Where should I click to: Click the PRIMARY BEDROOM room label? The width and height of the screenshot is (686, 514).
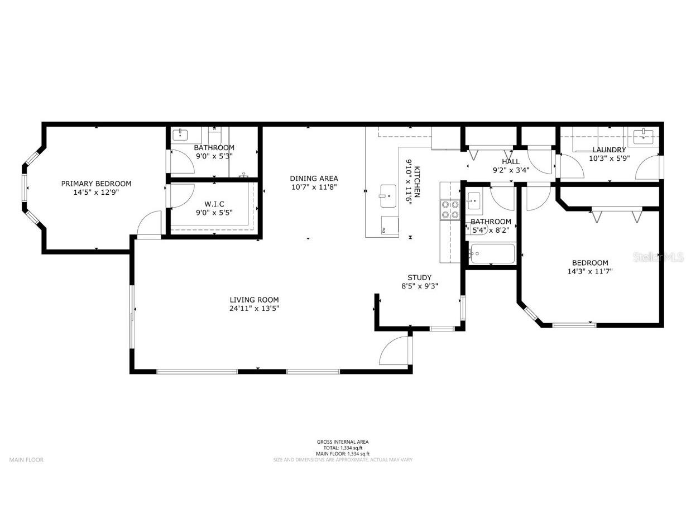click(x=96, y=184)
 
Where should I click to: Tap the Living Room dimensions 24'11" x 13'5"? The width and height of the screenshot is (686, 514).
click(x=254, y=308)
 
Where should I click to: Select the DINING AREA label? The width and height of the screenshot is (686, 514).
click(x=313, y=179)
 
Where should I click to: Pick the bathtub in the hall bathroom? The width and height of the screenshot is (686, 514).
click(x=492, y=254)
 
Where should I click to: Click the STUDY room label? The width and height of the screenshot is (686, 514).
click(x=419, y=277)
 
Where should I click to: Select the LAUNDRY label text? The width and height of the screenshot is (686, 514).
click(x=609, y=150)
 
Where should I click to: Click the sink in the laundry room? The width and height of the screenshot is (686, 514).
click(x=645, y=134)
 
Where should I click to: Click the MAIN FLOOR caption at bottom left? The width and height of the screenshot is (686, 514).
click(x=26, y=460)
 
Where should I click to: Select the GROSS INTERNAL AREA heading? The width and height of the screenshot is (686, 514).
click(x=343, y=442)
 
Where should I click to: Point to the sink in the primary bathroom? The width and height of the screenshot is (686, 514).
click(x=181, y=134)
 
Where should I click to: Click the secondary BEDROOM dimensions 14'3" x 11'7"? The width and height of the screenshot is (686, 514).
click(x=590, y=271)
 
